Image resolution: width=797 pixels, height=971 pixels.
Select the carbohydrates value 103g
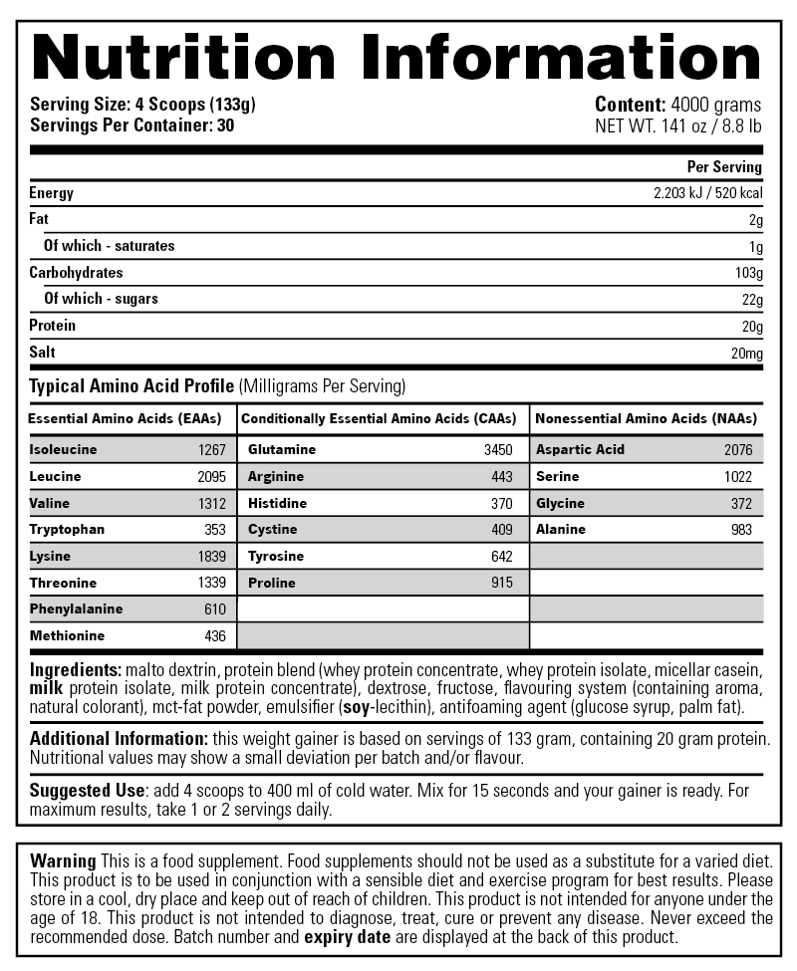[748, 273]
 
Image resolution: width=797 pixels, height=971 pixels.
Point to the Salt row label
[43, 353]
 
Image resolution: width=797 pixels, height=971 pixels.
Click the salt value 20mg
[746, 353]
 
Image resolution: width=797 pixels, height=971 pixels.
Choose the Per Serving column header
[724, 166]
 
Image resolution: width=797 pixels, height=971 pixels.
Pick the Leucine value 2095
[212, 476]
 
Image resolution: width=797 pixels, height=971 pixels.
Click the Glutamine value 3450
[498, 449]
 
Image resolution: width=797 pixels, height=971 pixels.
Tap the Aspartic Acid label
[581, 449]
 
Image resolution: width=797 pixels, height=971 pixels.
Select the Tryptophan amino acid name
[67, 529]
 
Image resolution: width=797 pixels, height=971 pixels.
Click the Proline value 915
[501, 582]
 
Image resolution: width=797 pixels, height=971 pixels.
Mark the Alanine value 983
[741, 529]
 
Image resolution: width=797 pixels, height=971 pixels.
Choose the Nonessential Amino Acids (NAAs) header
[647, 419]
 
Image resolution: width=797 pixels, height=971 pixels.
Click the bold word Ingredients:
[76, 670]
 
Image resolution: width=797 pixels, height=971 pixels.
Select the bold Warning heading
[63, 860]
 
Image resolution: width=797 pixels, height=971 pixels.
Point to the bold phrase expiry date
[348, 936]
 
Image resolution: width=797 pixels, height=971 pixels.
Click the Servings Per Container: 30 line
[133, 125]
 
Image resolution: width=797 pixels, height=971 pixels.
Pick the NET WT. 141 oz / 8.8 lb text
[677, 125]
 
